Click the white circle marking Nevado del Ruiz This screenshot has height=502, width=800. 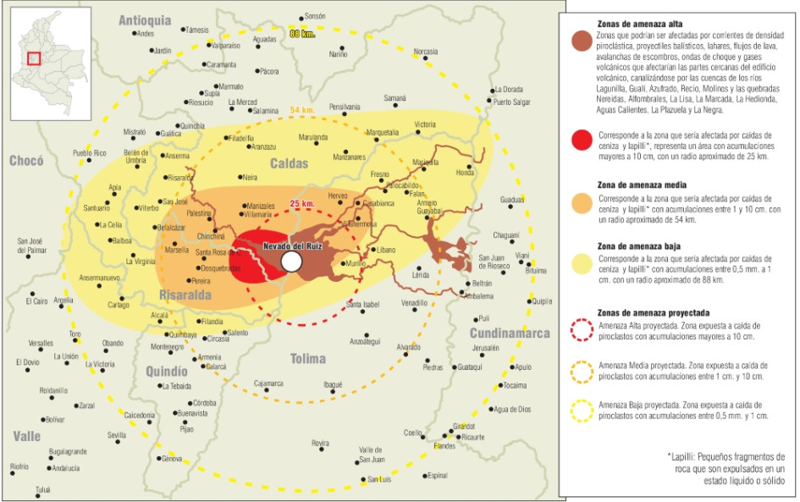pos(291,262)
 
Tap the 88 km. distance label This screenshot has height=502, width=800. pos(301,34)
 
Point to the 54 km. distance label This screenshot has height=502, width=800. pos(301,111)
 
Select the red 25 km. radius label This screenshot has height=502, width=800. pos(302,204)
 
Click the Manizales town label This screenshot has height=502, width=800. pos(259,206)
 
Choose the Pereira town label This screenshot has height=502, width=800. pos(201,280)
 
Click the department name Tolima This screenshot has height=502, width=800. pos(308,358)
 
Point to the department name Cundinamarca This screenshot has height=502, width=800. pos(509,333)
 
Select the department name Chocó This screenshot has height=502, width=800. pos(30,161)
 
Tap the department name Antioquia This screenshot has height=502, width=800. pos(145,19)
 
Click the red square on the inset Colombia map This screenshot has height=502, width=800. pos(35,58)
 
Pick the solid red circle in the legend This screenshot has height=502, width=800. pos(581,141)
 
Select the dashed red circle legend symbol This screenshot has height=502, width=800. pos(581,330)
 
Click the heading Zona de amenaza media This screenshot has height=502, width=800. pos(640,184)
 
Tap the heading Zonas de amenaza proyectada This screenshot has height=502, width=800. pos(654,312)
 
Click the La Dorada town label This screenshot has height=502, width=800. pos(509,89)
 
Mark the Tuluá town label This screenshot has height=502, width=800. pos(42,490)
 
